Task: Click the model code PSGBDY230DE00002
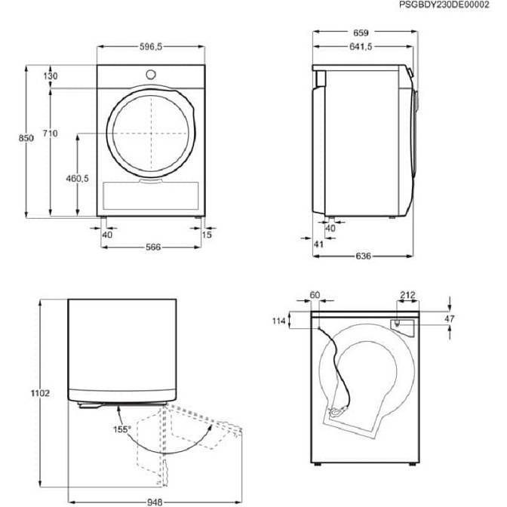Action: pyautogui.click(x=444, y=5)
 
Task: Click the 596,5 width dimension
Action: pyautogui.click(x=151, y=47)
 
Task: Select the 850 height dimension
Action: pyautogui.click(x=26, y=138)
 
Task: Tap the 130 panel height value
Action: pyautogui.click(x=51, y=76)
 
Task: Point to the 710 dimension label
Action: pyautogui.click(x=51, y=134)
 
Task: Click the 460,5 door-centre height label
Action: pyautogui.click(x=77, y=178)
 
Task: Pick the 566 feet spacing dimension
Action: pyautogui.click(x=153, y=247)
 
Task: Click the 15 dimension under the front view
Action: pyautogui.click(x=207, y=235)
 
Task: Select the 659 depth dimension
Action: pyautogui.click(x=361, y=32)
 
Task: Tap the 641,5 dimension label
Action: pyautogui.click(x=361, y=47)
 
